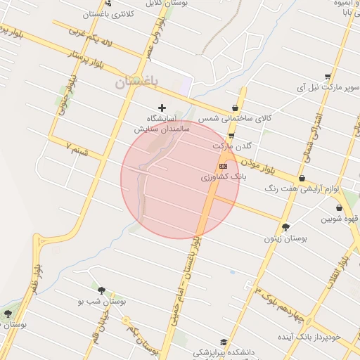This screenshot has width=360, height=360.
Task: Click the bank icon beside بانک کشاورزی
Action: [x=224, y=166]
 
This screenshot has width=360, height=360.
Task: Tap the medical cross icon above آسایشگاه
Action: [x=162, y=108]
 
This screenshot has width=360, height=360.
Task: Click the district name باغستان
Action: [x=137, y=82]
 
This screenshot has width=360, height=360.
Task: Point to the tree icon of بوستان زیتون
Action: [x=285, y=226]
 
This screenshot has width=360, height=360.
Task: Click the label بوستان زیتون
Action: [x=285, y=239]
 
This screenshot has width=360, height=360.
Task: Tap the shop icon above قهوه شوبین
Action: [x=340, y=207]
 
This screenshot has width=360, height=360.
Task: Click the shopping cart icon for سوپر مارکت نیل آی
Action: [x=328, y=77]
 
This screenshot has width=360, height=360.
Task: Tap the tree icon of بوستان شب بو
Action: [x=101, y=290]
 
